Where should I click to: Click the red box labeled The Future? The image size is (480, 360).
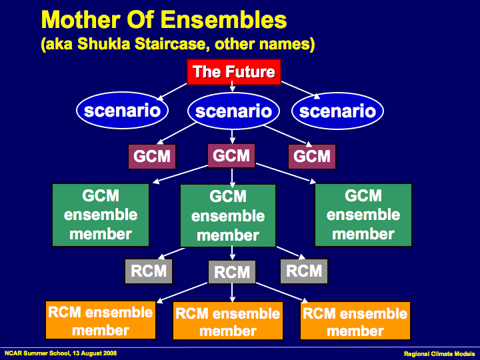[x=233, y=72]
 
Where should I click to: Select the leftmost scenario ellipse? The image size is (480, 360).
[x=122, y=110]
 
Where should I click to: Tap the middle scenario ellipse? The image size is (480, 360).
[x=233, y=111]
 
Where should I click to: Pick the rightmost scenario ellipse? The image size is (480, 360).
[x=337, y=111]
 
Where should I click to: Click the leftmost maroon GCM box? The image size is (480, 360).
[x=153, y=157]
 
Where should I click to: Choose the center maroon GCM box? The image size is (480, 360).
[x=231, y=156]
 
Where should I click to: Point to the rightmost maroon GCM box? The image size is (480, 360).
[x=312, y=157]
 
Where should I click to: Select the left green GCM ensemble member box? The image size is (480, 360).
[x=101, y=215]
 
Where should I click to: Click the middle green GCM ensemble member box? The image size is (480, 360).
[x=228, y=216]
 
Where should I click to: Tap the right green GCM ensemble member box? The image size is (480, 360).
[x=363, y=215]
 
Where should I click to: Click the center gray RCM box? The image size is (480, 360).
[x=232, y=272]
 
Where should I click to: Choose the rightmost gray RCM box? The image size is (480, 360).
[x=304, y=271]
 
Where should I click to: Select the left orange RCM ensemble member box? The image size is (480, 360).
[x=100, y=321]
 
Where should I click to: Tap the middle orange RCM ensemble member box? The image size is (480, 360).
[x=228, y=321]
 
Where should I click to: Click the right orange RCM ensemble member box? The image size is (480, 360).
[x=355, y=321]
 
